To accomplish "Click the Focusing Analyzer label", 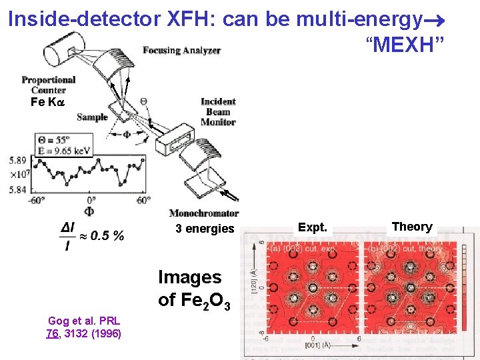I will (x=181, y=50).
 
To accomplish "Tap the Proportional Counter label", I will (x=48, y=85).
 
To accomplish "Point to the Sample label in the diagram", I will (x=92, y=117).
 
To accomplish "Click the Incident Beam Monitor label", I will (x=218, y=111).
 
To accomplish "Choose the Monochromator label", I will (x=203, y=213).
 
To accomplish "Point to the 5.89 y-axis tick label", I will (x=18, y=160).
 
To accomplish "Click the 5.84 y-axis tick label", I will (x=18, y=189).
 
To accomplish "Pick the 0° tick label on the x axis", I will (x=91, y=200).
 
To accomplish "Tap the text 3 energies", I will (x=205, y=229).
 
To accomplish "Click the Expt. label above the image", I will (x=313, y=227).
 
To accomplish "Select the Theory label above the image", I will (x=412, y=227).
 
